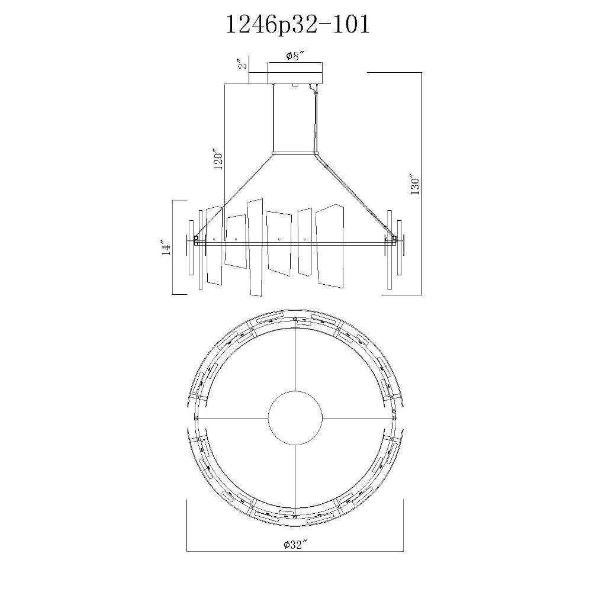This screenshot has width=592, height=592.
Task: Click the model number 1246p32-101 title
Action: tap(298, 25)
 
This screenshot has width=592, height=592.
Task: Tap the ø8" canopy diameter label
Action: tap(295, 56)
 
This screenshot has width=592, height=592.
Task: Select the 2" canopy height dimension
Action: tap(243, 64)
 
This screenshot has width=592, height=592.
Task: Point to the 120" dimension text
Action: tap(218, 160)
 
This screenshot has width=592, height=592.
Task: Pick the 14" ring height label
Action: tap(166, 247)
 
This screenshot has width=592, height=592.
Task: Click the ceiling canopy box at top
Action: tap(295, 73)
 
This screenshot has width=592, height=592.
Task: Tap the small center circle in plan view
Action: tap(295, 419)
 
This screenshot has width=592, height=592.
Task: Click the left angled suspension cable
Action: tap(235, 195)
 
